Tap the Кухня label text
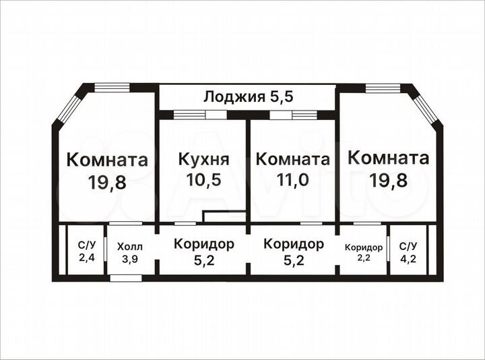(203, 160)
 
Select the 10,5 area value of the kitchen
(203, 180)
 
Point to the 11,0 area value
(292, 180)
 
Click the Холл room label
(129, 247)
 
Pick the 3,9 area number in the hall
(129, 259)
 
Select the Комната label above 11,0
(293, 160)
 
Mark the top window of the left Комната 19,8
(111, 87)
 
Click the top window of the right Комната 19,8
(383, 87)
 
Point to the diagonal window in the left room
(67, 107)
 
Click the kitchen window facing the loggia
(199, 115)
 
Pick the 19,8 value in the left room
(107, 182)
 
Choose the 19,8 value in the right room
(389, 180)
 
